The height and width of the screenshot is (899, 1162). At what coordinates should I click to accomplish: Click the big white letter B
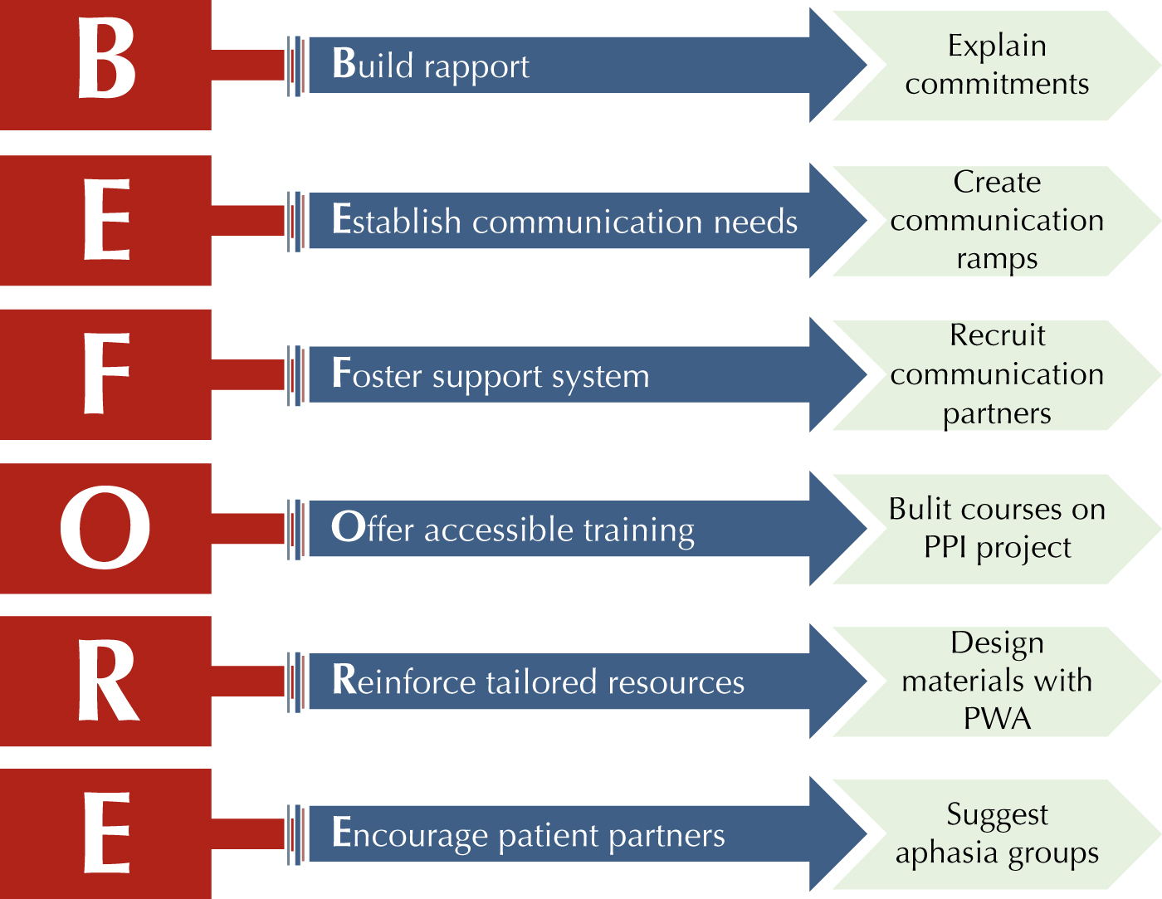coord(106,58)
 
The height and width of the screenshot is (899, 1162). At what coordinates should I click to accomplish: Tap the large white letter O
coord(105,527)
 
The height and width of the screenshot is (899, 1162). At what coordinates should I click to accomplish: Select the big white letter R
coord(109,680)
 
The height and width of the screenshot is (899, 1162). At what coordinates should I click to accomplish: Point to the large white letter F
coord(107,373)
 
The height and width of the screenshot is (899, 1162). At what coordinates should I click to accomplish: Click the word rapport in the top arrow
coord(476,68)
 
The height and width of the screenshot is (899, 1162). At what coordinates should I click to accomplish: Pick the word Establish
coord(396,219)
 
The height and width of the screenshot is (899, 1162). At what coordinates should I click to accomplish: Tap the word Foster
coord(377,374)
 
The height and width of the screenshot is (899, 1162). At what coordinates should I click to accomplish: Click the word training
coord(638,531)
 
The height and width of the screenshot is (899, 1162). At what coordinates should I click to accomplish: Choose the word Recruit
coord(997,335)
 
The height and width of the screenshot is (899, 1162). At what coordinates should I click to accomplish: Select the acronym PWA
coord(997,718)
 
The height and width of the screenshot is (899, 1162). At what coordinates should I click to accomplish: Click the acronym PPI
coord(945,547)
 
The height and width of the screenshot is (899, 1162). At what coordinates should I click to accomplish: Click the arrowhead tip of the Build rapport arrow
coord(867,66)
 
